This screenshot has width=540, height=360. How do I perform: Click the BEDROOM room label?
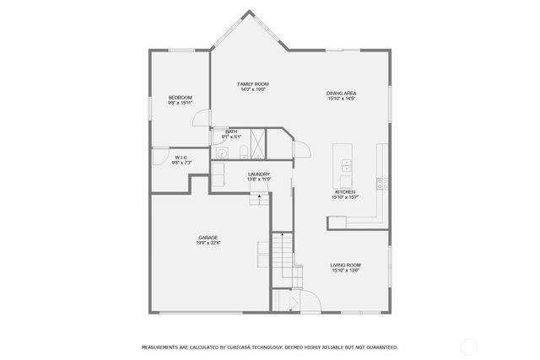[179, 98]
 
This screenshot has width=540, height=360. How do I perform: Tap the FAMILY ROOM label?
[252, 84]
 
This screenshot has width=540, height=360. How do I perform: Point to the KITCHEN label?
[345, 192]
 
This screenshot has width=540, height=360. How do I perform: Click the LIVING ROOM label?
[345, 266]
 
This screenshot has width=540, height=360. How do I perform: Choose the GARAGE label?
[208, 238]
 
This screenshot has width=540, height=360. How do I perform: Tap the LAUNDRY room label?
[259, 175]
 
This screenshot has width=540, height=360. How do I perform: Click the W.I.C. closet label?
[181, 157]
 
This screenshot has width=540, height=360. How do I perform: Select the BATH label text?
[231, 132]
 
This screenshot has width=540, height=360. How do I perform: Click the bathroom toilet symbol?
[243, 152]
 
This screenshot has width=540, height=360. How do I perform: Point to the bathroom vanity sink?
[222, 153]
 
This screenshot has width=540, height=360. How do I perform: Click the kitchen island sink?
[345, 167]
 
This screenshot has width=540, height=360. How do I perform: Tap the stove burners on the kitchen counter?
[381, 181]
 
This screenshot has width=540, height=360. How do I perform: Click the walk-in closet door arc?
[159, 153]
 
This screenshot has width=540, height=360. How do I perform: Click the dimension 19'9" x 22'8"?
[208, 244]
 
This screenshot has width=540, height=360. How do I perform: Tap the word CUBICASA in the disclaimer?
[251, 347]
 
